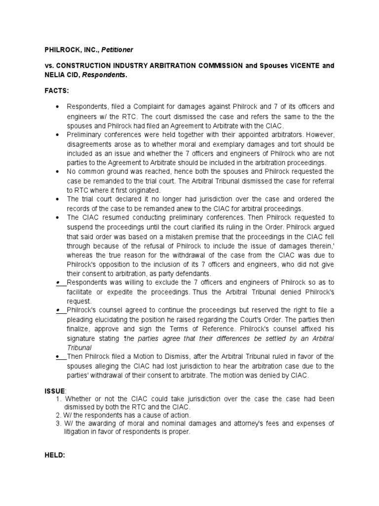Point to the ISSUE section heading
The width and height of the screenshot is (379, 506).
(54, 390)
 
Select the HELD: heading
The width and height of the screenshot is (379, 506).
(54, 455)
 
